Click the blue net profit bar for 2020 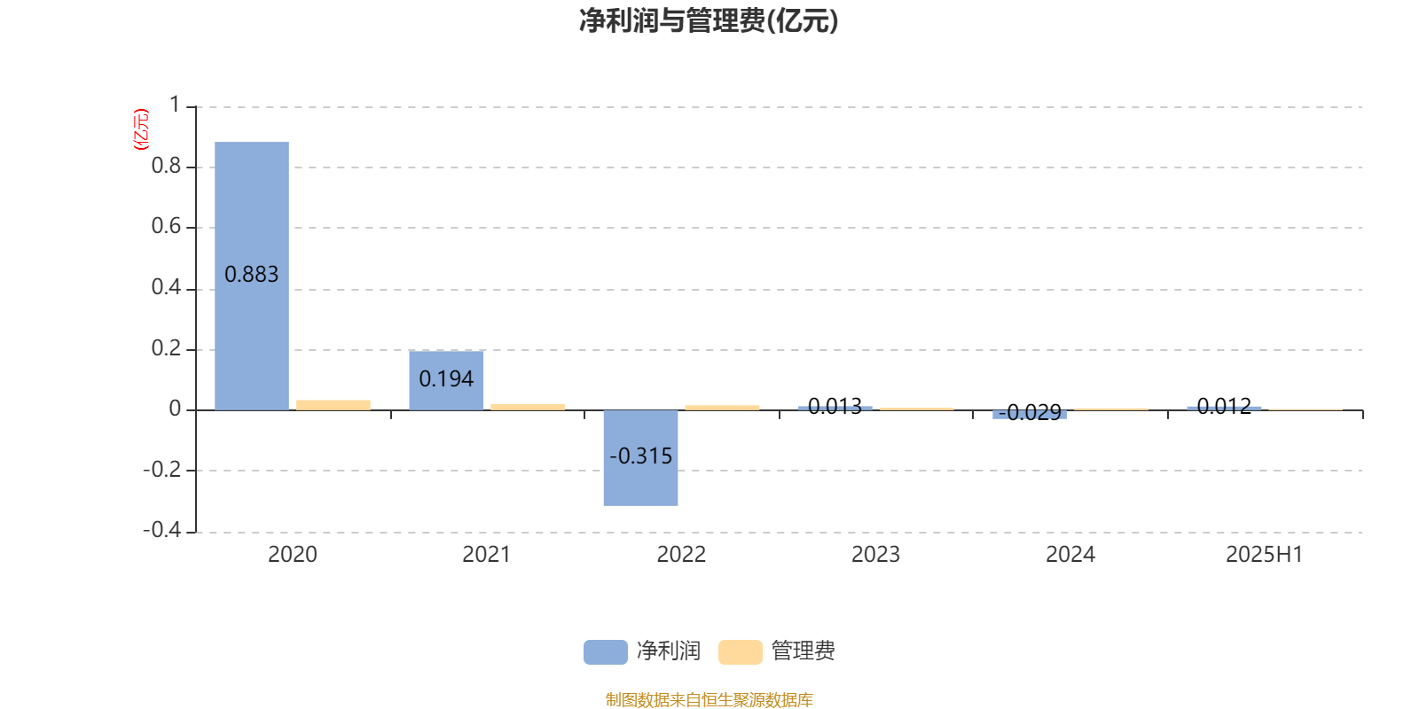coord(252,276)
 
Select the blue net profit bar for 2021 coord(446,380)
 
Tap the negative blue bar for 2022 coord(640,457)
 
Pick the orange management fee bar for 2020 coord(333,405)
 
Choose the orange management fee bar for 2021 coord(528,407)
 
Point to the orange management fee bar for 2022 coord(722,408)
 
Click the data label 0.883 coord(252,274)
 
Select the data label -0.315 coord(640,456)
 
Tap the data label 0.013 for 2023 coord(835,406)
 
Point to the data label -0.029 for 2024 coord(1030,413)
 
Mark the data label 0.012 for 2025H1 coord(1224,406)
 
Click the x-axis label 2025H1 coord(1265,555)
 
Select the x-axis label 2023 coord(875,555)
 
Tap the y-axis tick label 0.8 coord(166,166)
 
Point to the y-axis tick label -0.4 coord(161,530)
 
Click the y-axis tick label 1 coord(175,105)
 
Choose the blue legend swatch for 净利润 coord(606,652)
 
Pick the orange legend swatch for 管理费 coord(740,652)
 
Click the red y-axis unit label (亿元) coord(141,129)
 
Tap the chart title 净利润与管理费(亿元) coord(709,21)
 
